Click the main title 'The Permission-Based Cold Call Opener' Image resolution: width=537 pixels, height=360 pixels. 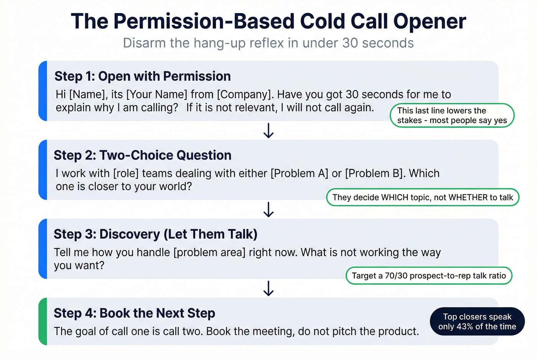tap(268, 21)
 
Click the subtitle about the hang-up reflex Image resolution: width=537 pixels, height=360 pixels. tap(268, 43)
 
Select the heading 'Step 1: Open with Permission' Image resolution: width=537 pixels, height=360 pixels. tap(142, 76)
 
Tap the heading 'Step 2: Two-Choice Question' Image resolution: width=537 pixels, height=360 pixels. tap(142, 155)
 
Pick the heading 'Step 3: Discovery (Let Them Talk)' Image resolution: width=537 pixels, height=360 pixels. tap(155, 234)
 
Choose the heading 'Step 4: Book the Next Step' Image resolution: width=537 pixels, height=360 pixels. tap(134, 313)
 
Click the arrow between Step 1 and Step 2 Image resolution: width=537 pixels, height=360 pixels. tap(268, 130)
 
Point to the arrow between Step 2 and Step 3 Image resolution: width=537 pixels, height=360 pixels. tap(268, 209)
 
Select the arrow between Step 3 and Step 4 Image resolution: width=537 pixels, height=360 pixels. tap(268, 288)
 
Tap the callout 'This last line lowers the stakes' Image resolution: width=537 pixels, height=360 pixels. tap(452, 115)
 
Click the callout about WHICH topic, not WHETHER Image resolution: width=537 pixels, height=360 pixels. tap(422, 197)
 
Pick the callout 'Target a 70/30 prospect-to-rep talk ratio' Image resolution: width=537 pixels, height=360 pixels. tap(429, 276)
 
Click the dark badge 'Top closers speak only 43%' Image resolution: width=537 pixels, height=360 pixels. tap(477, 322)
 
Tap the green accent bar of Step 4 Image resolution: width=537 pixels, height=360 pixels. tap(43, 321)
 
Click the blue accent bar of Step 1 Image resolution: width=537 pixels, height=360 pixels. tap(43, 91)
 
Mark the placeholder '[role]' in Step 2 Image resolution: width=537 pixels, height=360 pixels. tap(126, 173)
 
